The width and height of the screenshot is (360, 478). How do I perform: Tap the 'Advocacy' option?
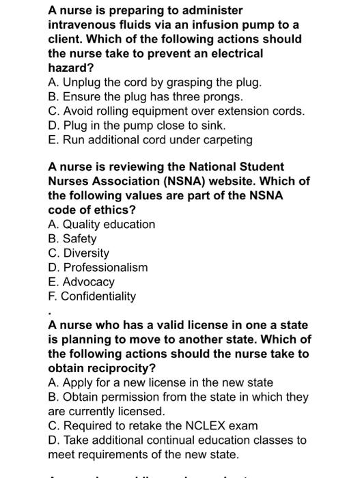(x=81, y=281)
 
